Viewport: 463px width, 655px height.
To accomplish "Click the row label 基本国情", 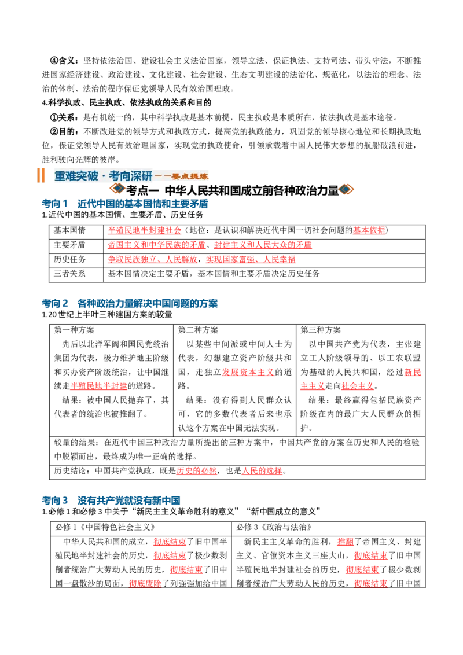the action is [x=69, y=230].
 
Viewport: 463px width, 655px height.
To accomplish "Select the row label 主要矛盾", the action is [x=69, y=245].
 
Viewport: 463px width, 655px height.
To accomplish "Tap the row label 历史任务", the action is [x=69, y=259].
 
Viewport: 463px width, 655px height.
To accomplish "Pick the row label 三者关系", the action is [x=69, y=274].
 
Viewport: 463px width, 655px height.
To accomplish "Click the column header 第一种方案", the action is [x=74, y=330].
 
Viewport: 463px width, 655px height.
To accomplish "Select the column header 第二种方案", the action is [x=198, y=330].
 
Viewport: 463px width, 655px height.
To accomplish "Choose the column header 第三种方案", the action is [x=321, y=330].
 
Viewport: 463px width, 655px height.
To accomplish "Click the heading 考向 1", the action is [x=55, y=204].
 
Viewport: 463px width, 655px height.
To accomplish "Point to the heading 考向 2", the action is [x=55, y=303].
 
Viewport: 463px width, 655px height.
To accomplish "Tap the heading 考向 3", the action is [x=55, y=501].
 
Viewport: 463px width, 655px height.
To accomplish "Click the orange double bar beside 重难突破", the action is [x=41, y=175].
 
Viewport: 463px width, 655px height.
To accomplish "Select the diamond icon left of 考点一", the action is [x=117, y=189].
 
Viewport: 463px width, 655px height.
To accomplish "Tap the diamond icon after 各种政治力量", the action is [x=347, y=189].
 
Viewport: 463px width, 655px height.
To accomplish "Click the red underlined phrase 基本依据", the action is [x=369, y=230].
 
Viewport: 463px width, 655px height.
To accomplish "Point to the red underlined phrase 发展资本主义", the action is [x=248, y=372].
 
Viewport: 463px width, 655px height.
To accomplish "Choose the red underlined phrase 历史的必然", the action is [x=196, y=471].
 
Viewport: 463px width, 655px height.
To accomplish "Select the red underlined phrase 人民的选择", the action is [x=262, y=471].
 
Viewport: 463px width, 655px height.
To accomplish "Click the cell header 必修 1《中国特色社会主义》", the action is [x=105, y=527].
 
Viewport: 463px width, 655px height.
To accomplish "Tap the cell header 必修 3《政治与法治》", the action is [x=274, y=527].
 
